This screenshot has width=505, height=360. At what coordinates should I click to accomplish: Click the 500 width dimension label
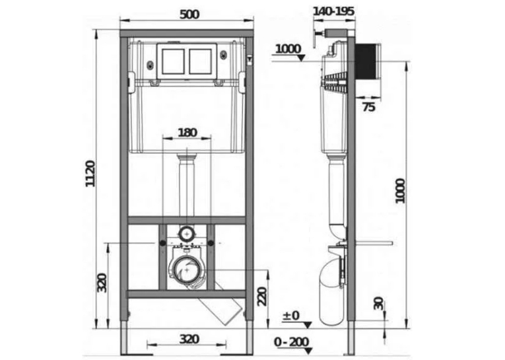tap(189, 14)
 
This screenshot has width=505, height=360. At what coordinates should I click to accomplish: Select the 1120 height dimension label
tap(90, 173)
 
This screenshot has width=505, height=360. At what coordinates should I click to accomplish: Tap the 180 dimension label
tap(187, 133)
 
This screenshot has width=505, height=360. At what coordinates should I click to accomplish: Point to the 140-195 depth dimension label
tap(333, 11)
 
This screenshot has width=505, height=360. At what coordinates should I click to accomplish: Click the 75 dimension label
tap(369, 107)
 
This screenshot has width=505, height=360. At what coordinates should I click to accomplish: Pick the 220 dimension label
tap(262, 296)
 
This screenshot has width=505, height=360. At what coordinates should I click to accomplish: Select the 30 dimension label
tap(379, 304)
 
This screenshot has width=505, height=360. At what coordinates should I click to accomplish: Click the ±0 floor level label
tap(291, 316)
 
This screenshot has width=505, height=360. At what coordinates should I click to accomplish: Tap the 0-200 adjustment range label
tap(292, 342)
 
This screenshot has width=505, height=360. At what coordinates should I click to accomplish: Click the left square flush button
tap(173, 61)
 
